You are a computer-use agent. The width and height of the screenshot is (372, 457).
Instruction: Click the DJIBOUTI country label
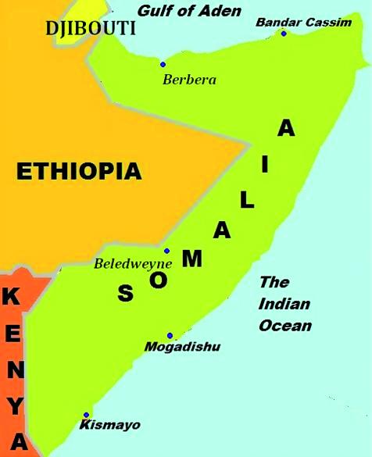point(91,29)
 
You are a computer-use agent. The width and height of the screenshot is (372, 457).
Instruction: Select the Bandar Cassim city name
point(303,22)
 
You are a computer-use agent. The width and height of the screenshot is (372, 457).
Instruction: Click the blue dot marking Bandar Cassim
point(284,33)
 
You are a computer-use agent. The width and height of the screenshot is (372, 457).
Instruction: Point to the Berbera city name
point(189,79)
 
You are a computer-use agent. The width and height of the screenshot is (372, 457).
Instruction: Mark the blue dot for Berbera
point(163,64)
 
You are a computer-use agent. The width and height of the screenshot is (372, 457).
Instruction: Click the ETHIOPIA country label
point(79,171)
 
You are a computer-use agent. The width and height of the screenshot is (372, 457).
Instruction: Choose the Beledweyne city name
point(133,264)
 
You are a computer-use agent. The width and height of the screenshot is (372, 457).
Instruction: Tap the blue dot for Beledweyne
point(166,252)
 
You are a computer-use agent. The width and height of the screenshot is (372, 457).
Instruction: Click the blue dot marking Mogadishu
point(170,335)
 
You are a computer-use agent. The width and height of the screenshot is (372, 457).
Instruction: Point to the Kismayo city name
point(110,425)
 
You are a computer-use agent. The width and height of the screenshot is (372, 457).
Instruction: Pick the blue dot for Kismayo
point(86,416)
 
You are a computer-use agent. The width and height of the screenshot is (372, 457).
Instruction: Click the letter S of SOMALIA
point(125,294)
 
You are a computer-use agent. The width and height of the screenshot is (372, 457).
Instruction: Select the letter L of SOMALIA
point(246,200)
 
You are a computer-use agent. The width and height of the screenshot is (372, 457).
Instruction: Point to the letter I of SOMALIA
point(265,164)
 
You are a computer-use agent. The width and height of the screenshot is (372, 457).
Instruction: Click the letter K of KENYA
point(12,297)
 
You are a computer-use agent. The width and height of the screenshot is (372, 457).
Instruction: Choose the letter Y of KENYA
point(16,406)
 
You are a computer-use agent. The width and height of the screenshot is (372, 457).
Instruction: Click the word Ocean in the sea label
point(286,326)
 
